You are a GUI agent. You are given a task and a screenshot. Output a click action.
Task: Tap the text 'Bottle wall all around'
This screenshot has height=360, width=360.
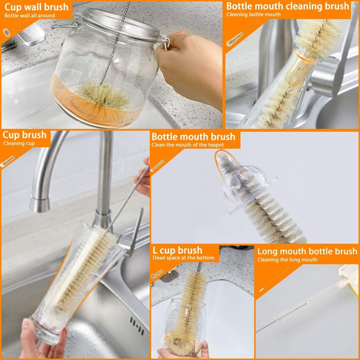[30, 15]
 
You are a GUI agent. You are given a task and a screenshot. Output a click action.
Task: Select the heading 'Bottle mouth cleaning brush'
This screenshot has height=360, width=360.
[287, 6]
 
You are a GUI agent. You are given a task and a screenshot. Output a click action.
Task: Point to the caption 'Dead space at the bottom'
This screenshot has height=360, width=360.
[183, 258]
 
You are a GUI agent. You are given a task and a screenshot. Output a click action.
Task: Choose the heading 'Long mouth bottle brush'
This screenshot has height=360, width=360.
[307, 251]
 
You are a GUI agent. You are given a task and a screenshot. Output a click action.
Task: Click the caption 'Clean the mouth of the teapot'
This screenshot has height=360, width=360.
[188, 145]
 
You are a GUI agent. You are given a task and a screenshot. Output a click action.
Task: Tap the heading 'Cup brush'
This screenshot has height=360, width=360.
[24, 135]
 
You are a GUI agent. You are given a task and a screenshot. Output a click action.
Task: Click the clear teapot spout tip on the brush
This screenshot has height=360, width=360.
[222, 158]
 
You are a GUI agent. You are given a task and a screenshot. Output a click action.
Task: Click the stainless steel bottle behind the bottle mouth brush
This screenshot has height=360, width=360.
[274, 54]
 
